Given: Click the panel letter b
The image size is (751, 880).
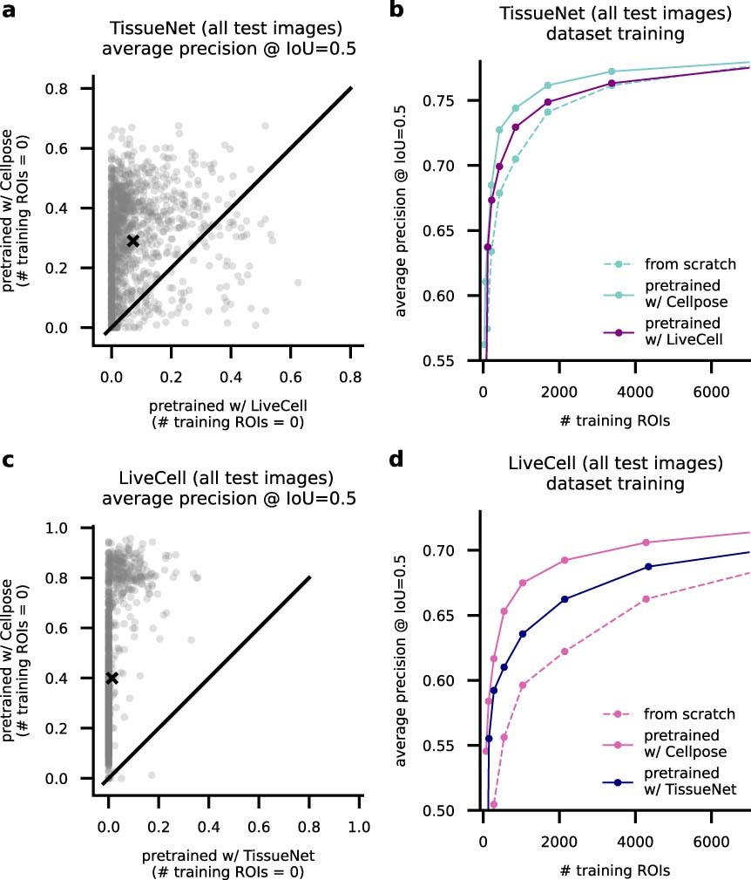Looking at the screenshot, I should [402, 15].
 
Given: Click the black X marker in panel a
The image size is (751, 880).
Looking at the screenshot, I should [132, 241].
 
